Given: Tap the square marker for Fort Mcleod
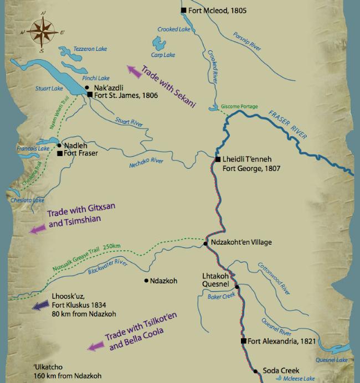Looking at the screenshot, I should [184, 10].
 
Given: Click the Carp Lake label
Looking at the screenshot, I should [162, 55].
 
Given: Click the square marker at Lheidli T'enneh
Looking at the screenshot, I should [218, 160].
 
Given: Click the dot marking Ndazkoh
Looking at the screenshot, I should [146, 281].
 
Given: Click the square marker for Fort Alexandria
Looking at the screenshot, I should [243, 341].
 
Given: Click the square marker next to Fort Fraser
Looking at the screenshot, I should [59, 153].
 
